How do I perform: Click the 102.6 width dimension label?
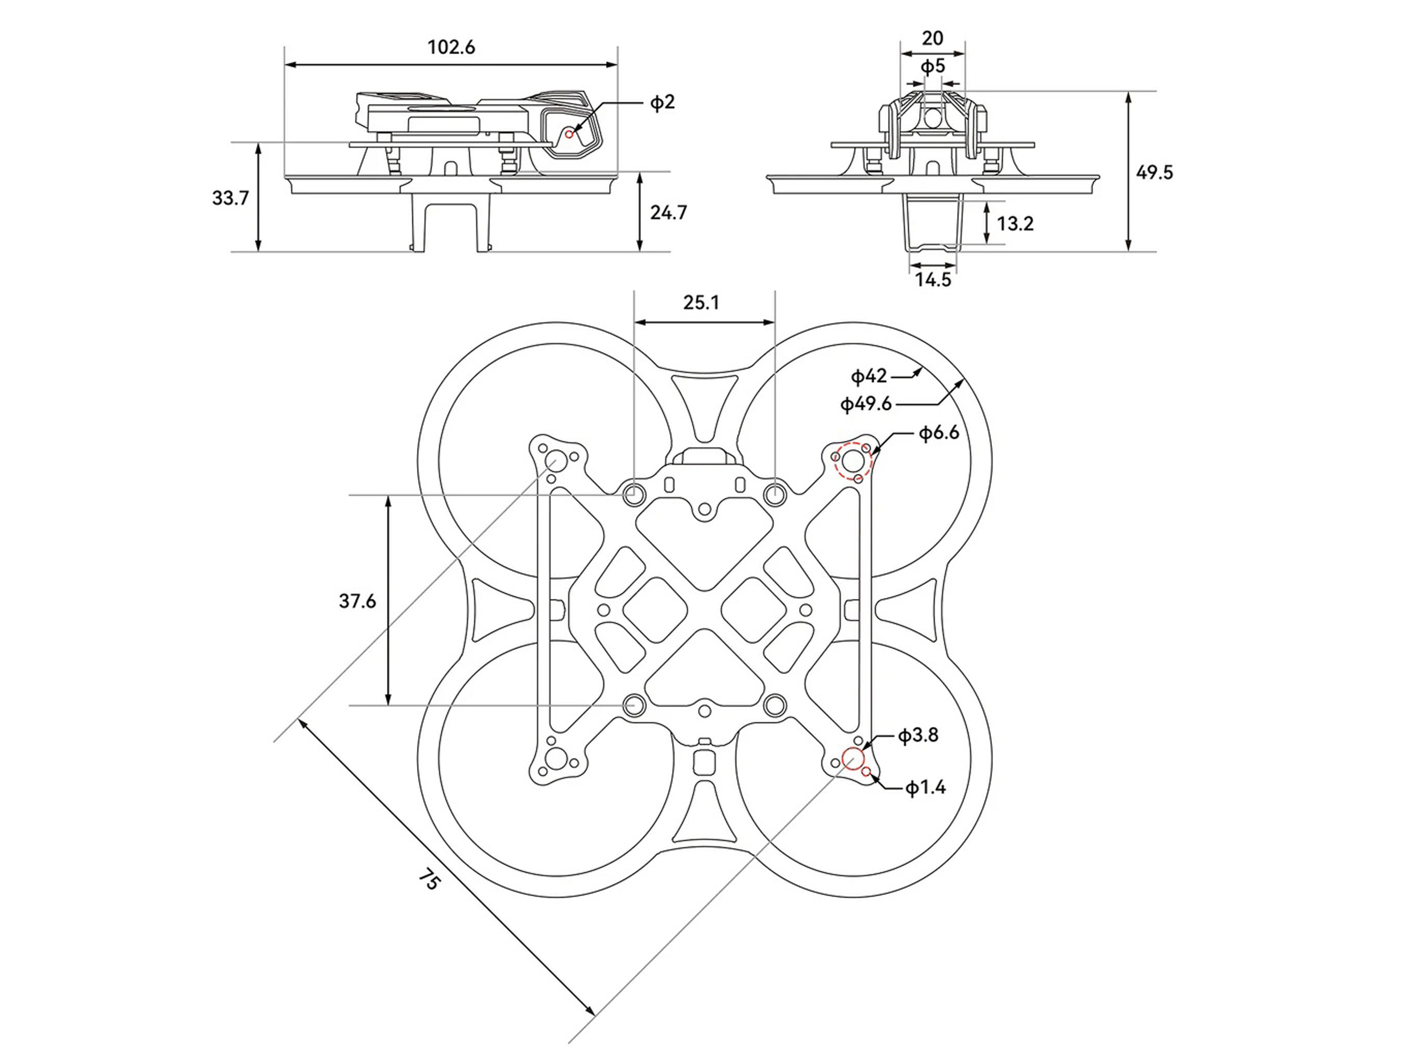(x=451, y=47)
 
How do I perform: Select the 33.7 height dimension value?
(x=230, y=198)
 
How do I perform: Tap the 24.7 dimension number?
(x=668, y=213)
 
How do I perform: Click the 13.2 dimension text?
(x=1015, y=223)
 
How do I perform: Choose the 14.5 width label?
(x=933, y=279)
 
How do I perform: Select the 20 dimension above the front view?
(x=933, y=38)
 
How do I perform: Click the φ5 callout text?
(x=933, y=66)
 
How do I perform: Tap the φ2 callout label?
(x=662, y=102)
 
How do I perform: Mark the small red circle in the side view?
(x=570, y=134)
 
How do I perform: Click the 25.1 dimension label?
(x=701, y=302)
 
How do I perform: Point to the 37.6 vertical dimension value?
(x=357, y=600)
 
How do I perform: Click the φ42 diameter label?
(x=869, y=376)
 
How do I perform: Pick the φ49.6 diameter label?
(x=865, y=404)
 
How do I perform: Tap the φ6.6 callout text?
(x=938, y=433)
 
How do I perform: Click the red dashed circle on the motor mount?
(x=853, y=460)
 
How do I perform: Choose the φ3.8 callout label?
(x=918, y=735)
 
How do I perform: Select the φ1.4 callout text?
(x=925, y=788)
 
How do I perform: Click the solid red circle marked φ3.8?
(x=853, y=759)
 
